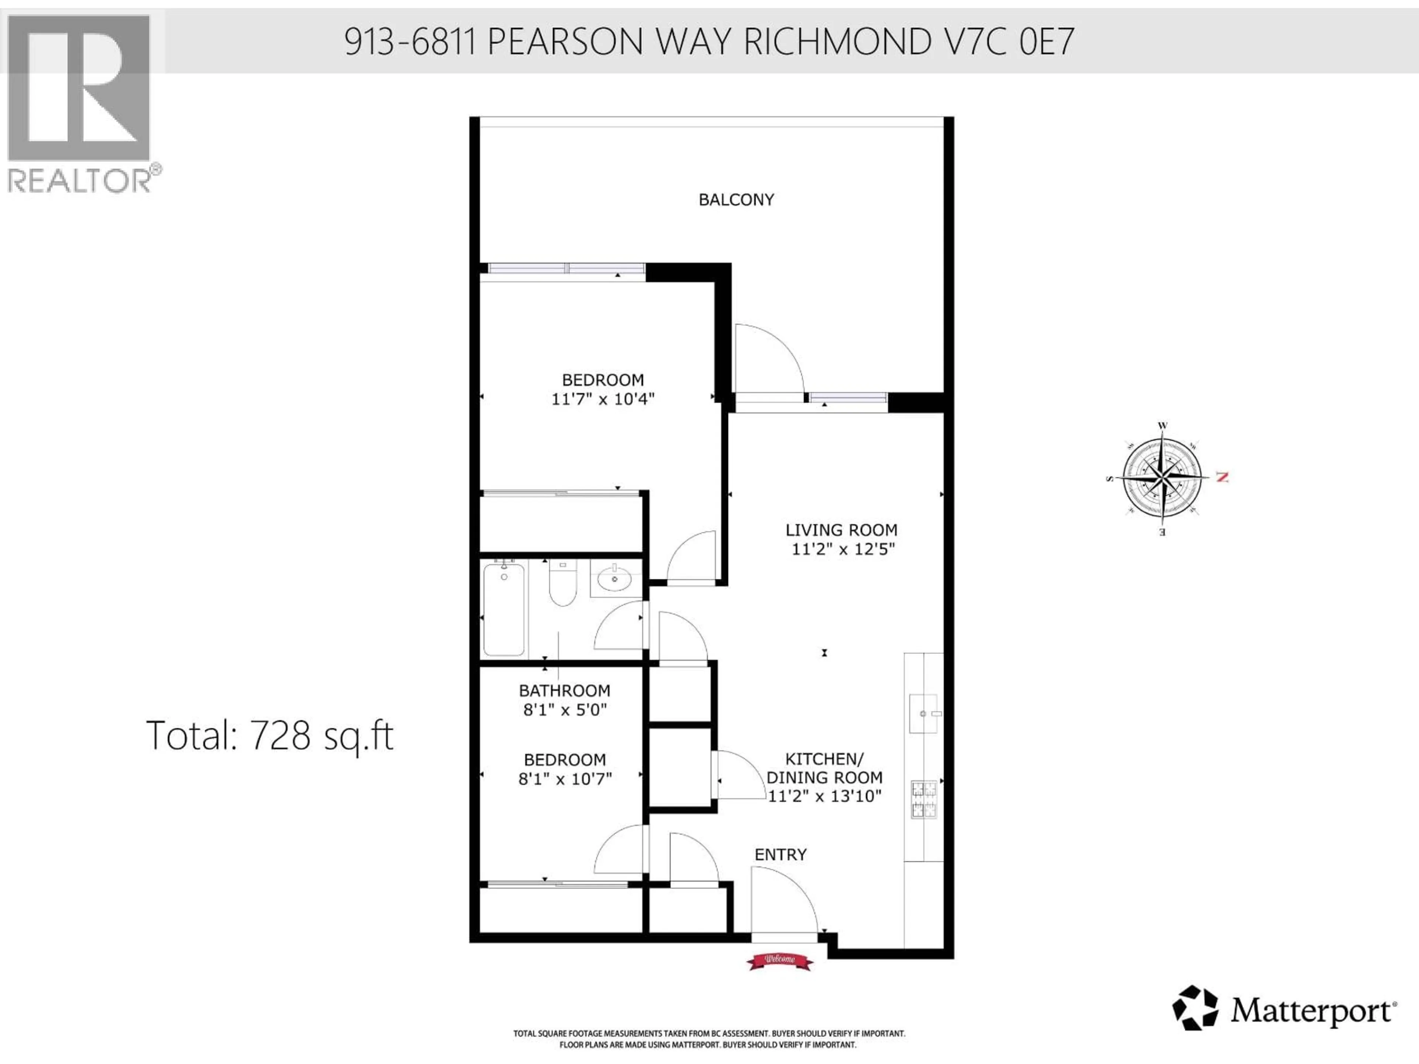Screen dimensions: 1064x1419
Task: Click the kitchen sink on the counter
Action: (x=924, y=713)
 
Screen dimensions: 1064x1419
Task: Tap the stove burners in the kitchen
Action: (x=924, y=799)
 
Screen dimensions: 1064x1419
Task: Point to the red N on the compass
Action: (x=1222, y=477)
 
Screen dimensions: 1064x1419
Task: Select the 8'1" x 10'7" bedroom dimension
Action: (x=565, y=778)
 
